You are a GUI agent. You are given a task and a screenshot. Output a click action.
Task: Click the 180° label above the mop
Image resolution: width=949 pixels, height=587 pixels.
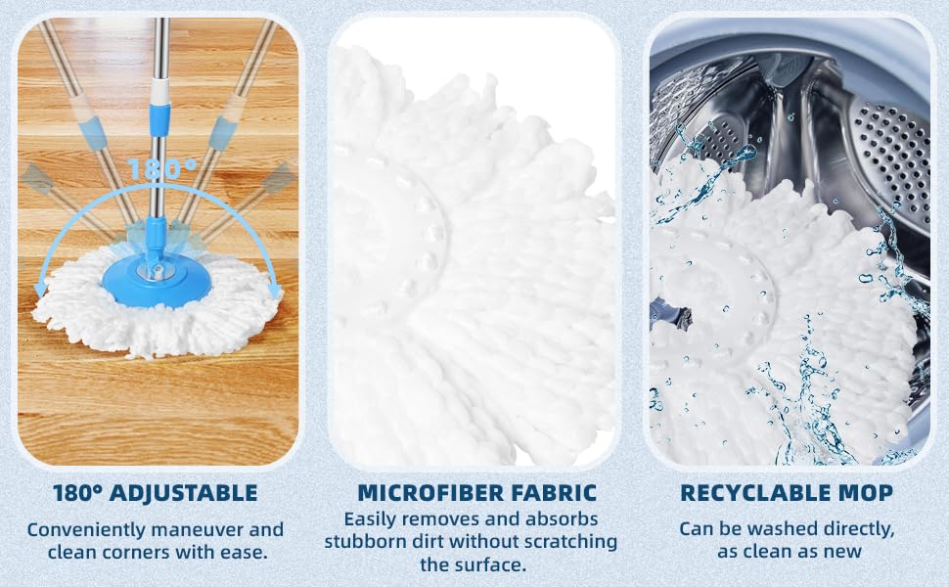pos(162,169)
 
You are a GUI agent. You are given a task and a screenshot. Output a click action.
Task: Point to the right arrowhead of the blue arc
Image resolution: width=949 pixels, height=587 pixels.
pos(275,291)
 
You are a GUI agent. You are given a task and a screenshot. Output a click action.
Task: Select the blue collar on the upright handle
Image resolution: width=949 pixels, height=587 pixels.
pos(159,119)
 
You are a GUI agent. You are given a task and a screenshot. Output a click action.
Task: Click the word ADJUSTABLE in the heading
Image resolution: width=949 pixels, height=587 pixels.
pos(183,493)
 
